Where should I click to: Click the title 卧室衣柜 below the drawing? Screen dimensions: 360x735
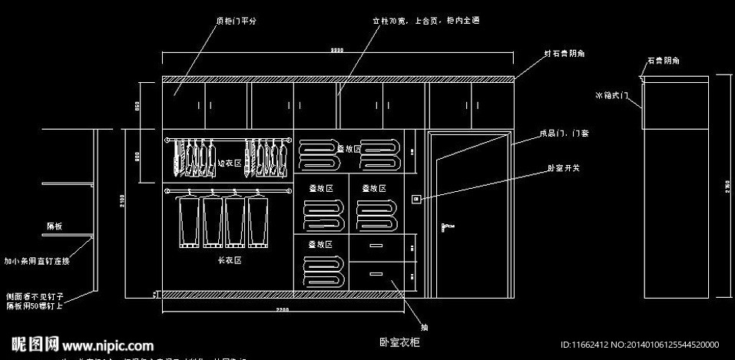[399, 342]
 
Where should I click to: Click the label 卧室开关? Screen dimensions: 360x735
[563, 167]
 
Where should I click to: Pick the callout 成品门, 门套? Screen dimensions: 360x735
[564, 134]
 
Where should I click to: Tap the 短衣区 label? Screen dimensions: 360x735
[230, 163]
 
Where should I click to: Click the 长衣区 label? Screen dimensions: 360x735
[230, 261]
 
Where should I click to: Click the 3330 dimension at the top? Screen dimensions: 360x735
[337, 50]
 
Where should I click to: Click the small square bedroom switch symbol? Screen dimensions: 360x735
[416, 200]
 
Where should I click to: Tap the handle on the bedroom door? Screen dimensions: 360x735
[445, 226]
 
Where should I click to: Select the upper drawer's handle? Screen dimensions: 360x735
[376, 246]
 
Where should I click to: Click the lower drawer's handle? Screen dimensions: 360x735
[376, 272]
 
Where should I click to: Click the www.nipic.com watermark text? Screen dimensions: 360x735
[107, 346]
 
